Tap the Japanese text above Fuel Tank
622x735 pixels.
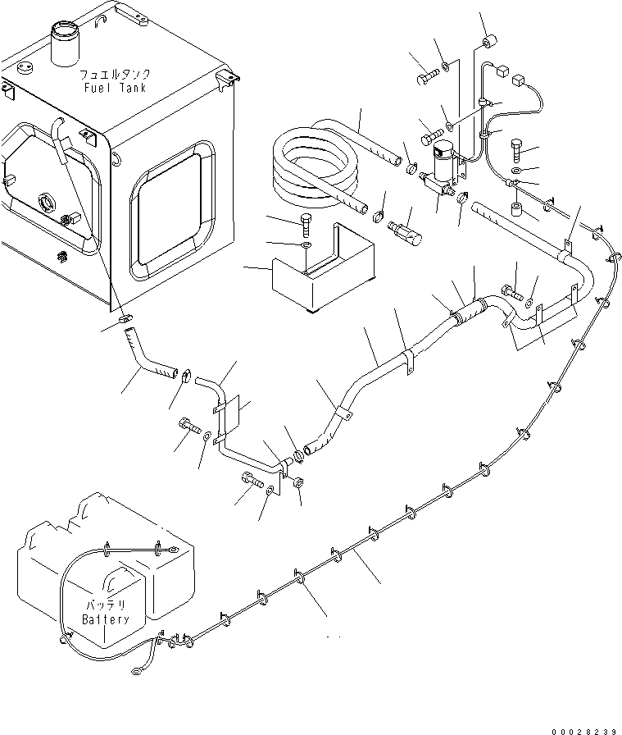(x=114, y=74)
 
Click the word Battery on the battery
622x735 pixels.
(x=106, y=619)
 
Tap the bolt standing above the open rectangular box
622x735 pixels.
(x=306, y=221)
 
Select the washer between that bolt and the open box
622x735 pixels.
(x=306, y=244)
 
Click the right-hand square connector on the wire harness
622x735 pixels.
(x=518, y=81)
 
